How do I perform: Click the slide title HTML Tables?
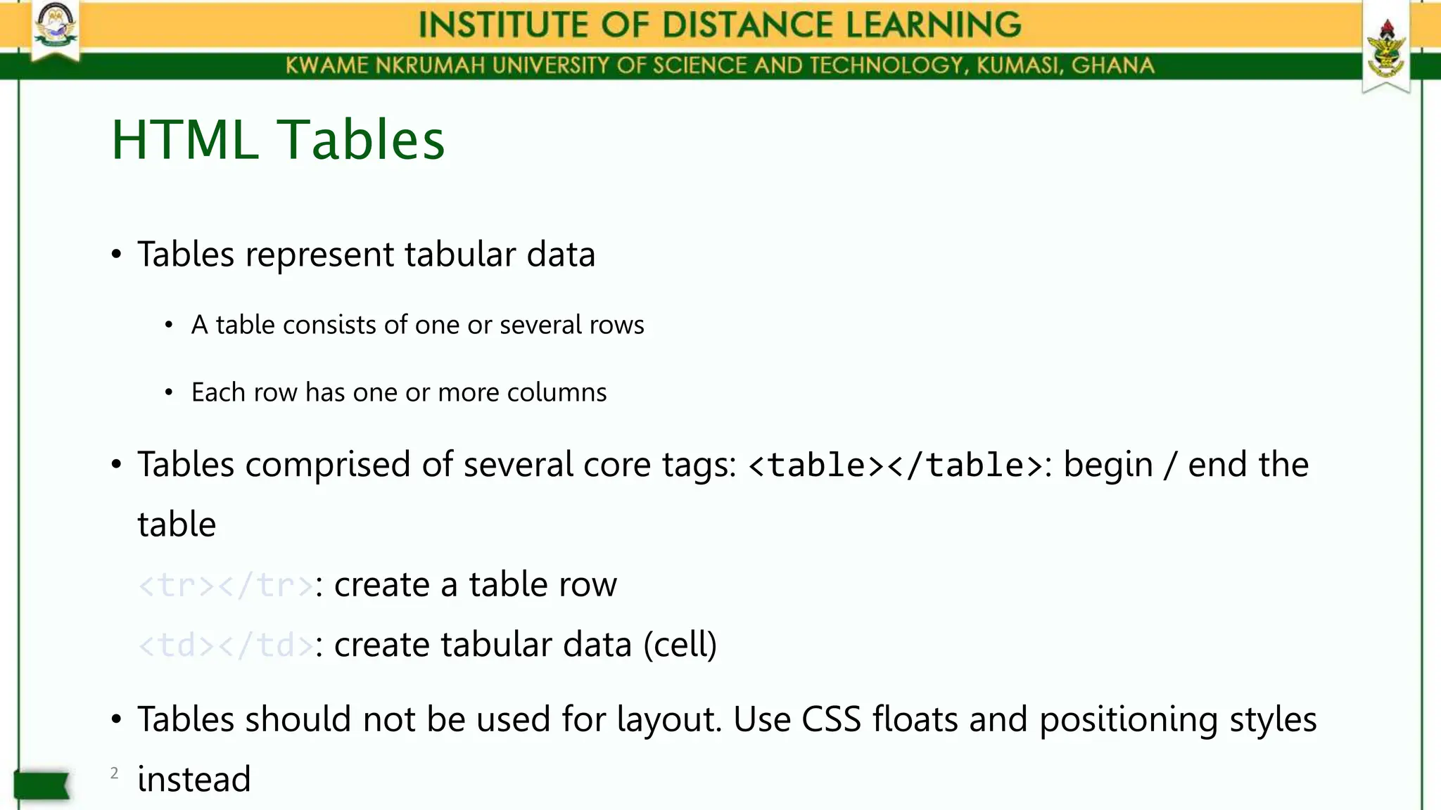(278, 140)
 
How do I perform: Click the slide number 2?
(115, 773)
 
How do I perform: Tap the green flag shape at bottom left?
(42, 785)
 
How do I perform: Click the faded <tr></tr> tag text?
(225, 585)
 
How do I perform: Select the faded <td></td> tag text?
(225, 645)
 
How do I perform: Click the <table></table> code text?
(896, 465)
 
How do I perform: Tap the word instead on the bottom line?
(194, 779)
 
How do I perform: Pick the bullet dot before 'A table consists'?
(168, 325)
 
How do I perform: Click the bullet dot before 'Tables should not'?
(117, 720)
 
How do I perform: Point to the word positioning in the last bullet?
(1129, 720)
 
